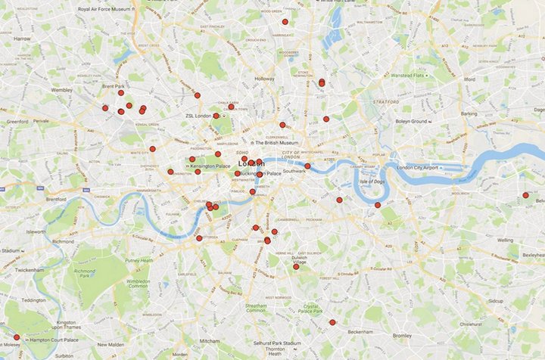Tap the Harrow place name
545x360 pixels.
22,38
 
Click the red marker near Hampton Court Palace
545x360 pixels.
17,337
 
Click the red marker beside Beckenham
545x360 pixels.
332,322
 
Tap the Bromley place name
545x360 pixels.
402,335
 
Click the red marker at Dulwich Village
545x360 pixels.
296,266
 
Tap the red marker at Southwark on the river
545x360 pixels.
307,166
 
